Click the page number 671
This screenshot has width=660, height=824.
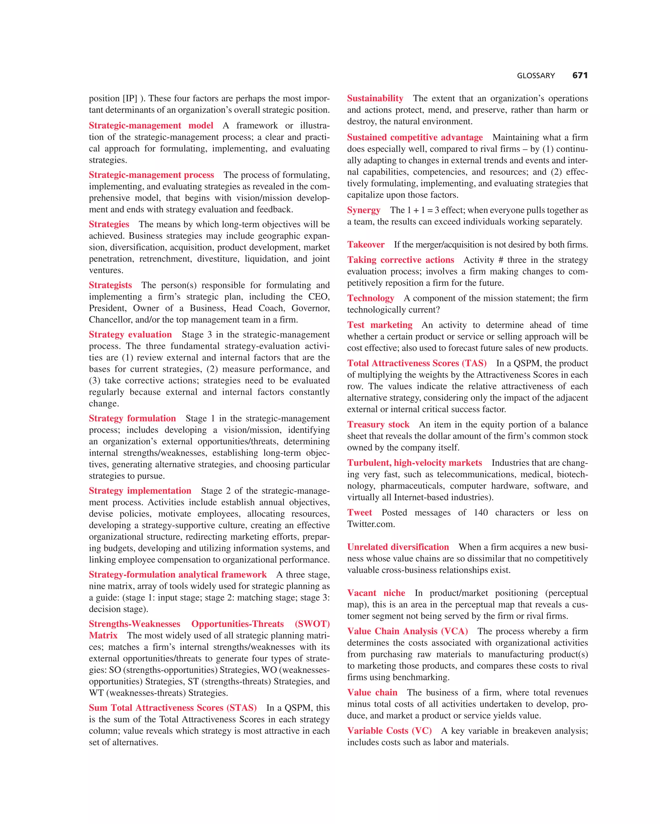click(x=579, y=76)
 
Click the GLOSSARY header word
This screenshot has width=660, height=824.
click(x=536, y=76)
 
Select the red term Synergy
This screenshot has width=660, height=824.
click(x=363, y=210)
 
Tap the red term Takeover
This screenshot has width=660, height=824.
click(x=365, y=244)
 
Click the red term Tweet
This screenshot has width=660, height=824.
click(x=359, y=512)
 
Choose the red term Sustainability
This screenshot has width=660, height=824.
click(x=375, y=98)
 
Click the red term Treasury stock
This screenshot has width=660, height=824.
click(x=378, y=425)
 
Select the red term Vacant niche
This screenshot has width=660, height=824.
click(x=376, y=593)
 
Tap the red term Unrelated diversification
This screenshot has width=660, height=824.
click(x=398, y=547)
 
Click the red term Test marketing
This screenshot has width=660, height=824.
click(x=379, y=325)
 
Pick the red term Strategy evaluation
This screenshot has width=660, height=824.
click(x=130, y=334)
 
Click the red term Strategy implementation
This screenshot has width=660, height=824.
click(x=140, y=491)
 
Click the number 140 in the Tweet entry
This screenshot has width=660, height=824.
click(x=480, y=512)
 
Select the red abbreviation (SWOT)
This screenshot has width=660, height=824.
click(x=312, y=624)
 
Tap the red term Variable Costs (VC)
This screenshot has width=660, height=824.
click(x=389, y=731)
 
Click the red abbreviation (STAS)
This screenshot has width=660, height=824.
click(x=241, y=708)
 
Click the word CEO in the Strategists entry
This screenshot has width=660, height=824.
click(x=320, y=297)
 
